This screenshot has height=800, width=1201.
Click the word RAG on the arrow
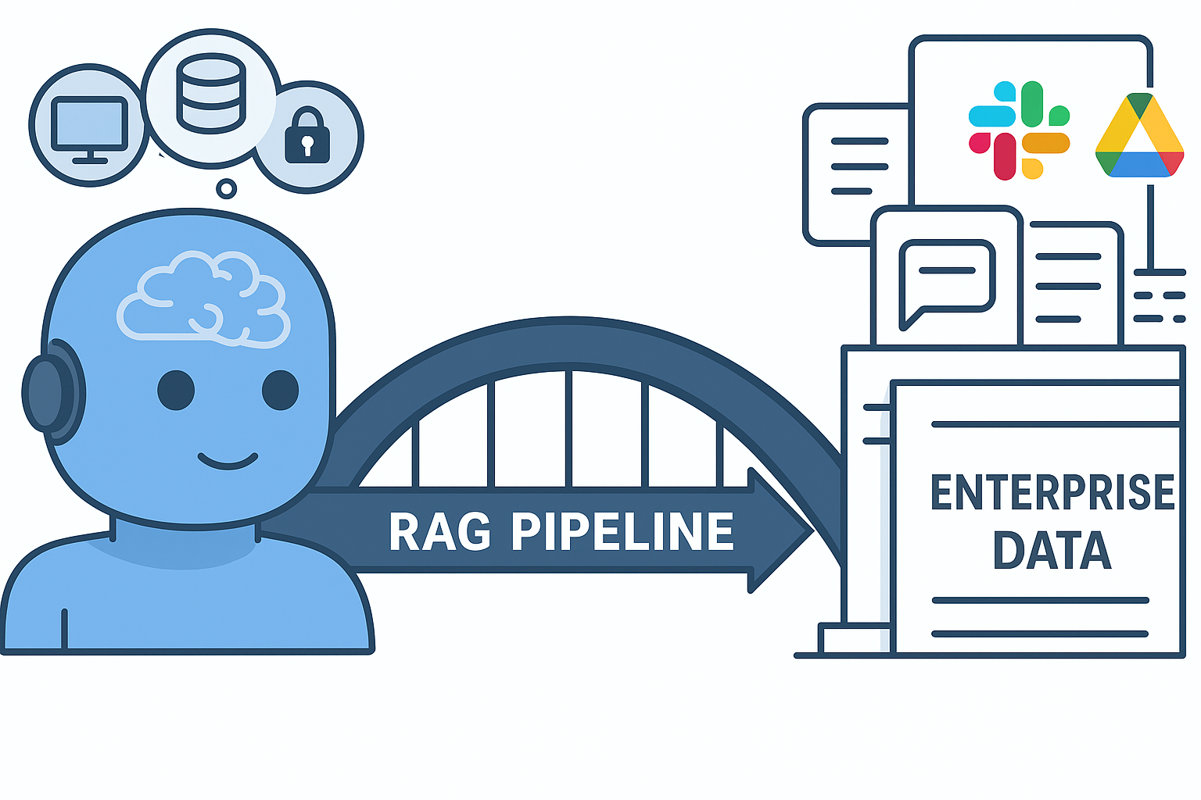click(439, 532)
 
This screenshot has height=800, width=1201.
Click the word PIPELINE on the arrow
click(623, 532)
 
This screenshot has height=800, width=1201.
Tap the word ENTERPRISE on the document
click(1052, 492)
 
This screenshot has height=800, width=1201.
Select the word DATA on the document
click(1052, 551)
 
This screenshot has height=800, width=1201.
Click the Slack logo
click(1019, 130)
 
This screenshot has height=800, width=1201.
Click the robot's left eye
click(176, 390)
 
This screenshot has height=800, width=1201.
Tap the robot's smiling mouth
click(228, 461)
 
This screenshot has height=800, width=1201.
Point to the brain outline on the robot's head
click(203, 298)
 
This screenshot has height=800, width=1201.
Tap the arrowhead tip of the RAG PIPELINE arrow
click(809, 530)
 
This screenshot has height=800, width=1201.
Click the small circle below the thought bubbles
click(227, 188)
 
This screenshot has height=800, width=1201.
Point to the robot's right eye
click(280, 390)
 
